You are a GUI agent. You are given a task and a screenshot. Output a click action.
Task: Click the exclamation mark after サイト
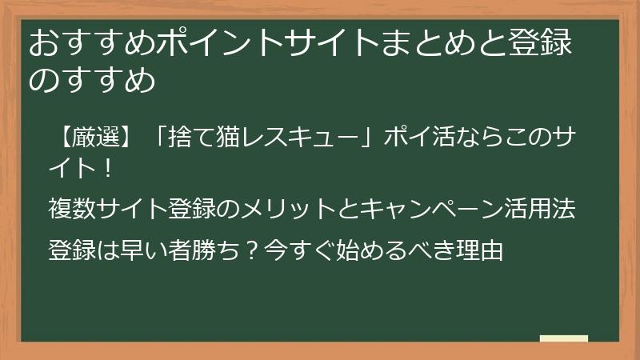click(110, 170)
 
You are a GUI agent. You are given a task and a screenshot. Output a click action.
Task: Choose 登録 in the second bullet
click(190, 209)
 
